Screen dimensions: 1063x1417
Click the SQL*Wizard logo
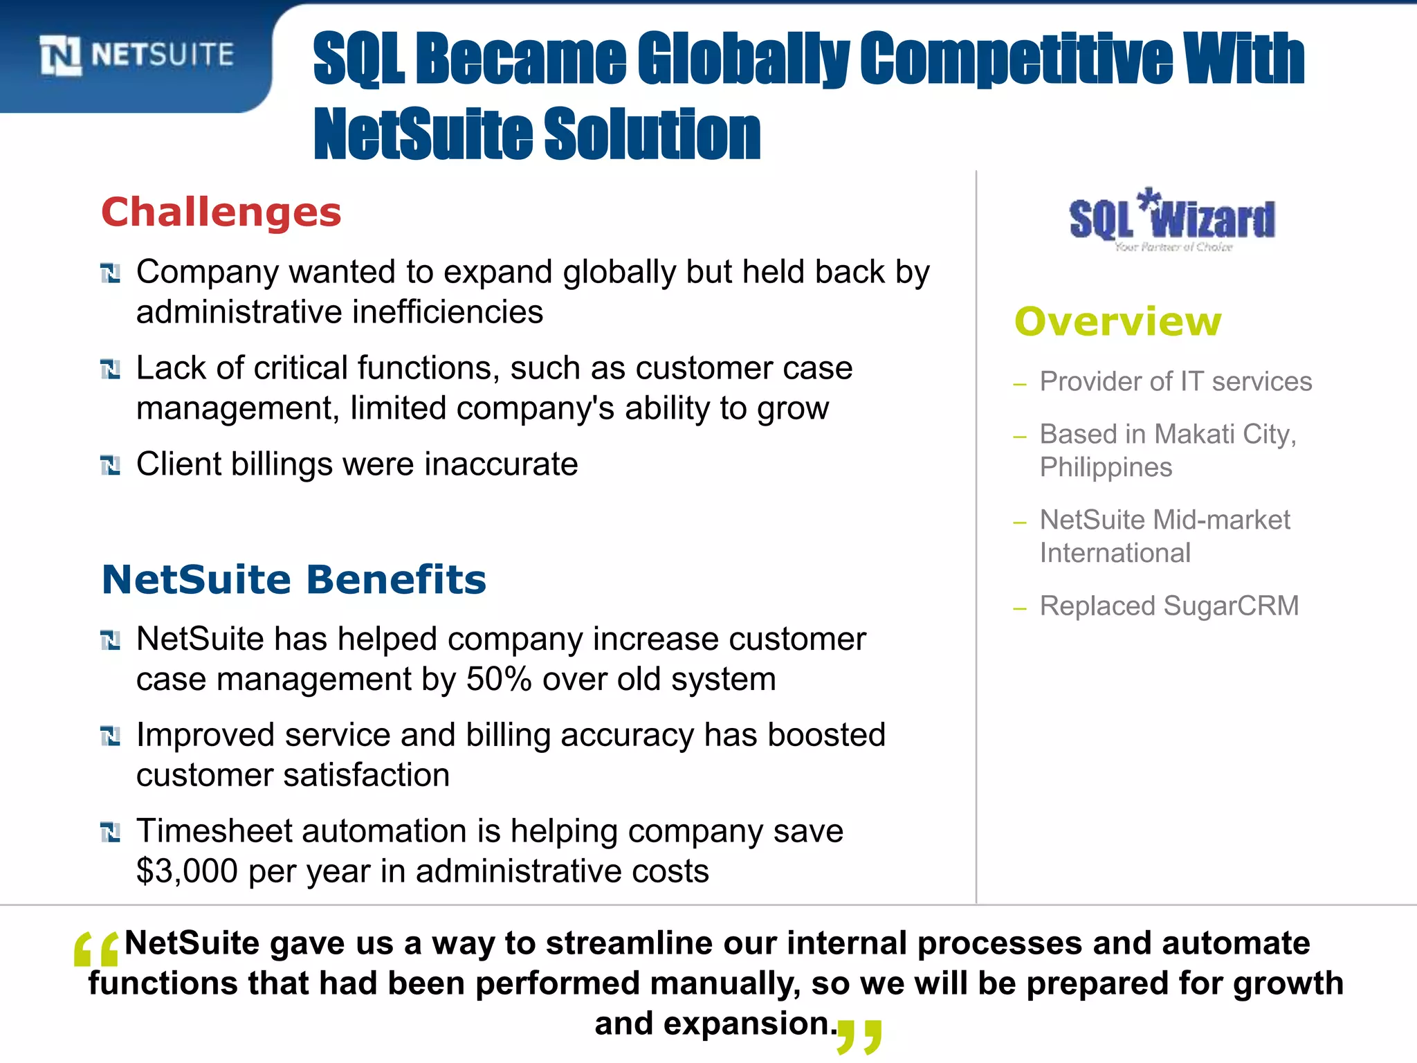[x=1172, y=220]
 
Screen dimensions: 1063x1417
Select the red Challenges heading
[x=221, y=212]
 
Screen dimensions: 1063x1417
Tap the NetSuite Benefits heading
[x=294, y=579]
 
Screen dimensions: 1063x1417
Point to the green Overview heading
[x=1118, y=322]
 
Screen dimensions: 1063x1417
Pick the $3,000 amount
[x=187, y=871]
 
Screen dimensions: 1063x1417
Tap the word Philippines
[x=1106, y=468]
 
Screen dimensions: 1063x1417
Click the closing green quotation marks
[x=860, y=1036]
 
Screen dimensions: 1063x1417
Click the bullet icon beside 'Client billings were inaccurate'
[x=111, y=465]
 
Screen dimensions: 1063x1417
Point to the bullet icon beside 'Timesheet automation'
[x=111, y=832]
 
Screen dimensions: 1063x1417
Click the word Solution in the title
[x=652, y=134]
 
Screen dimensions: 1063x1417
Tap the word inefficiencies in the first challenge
[x=448, y=312]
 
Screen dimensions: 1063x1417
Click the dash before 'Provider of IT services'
[x=1019, y=384]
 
